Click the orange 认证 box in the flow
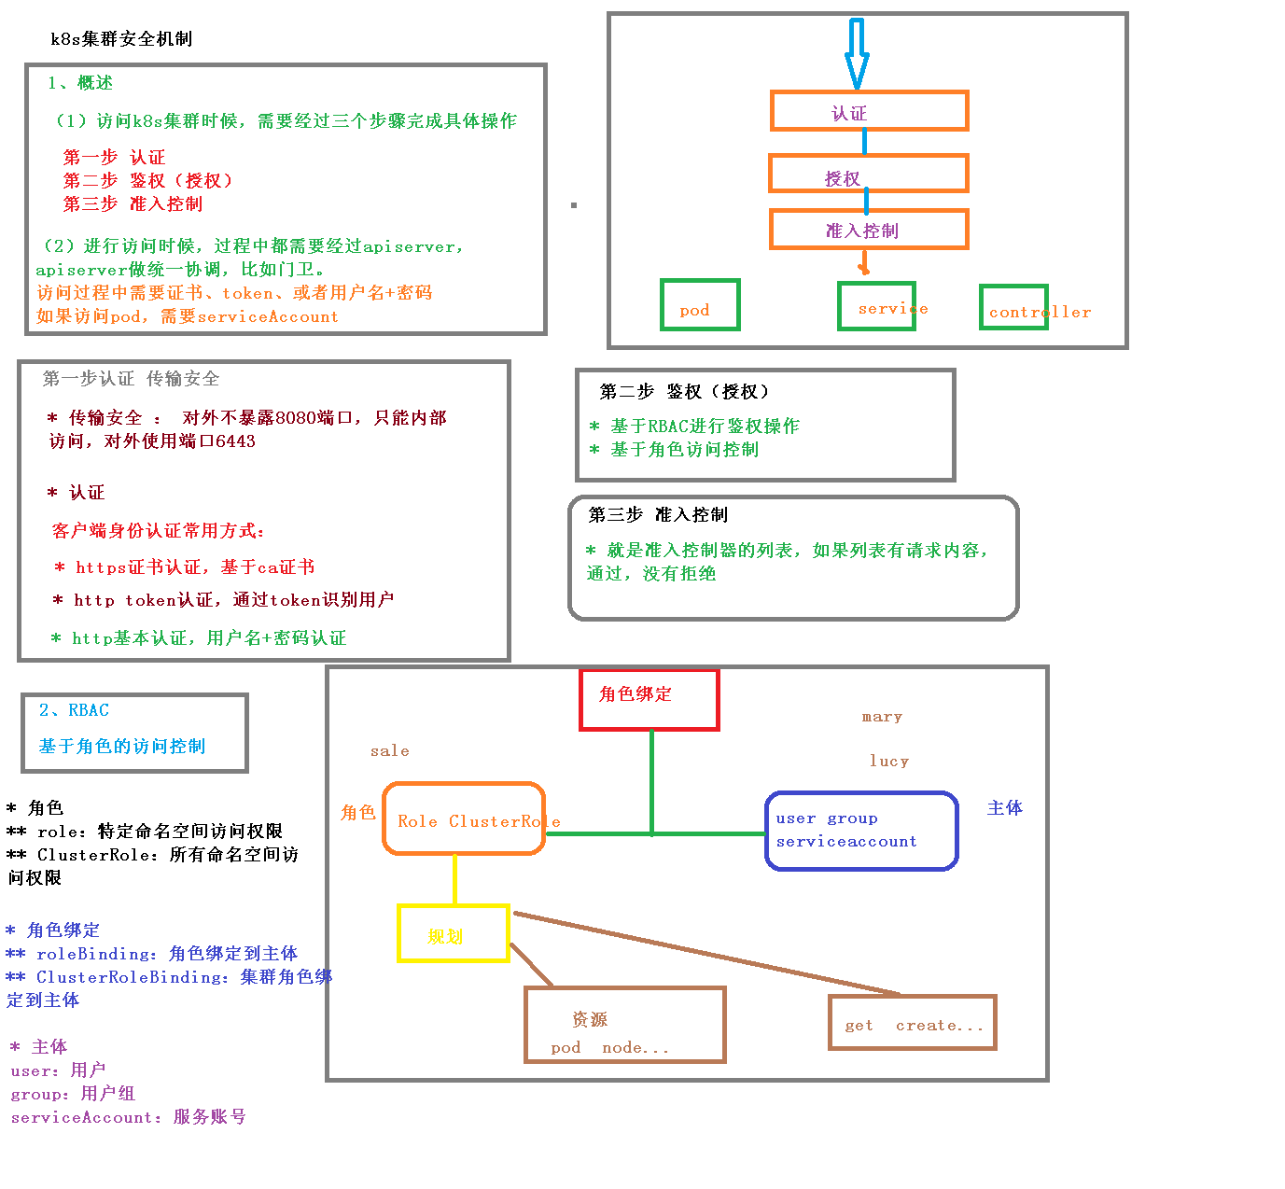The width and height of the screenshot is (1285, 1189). (869, 111)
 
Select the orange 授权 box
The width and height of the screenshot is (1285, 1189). (868, 174)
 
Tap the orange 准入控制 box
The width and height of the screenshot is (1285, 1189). (868, 230)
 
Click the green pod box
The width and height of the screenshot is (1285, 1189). (700, 305)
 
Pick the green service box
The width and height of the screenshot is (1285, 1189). (876, 306)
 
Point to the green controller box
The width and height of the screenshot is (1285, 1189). (1013, 307)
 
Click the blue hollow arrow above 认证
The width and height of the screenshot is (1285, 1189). (857, 52)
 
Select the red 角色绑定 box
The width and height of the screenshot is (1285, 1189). (649, 699)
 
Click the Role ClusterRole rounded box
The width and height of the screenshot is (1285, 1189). (464, 818)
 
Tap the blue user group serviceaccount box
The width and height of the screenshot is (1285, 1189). (861, 831)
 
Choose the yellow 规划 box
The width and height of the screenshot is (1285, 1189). (454, 933)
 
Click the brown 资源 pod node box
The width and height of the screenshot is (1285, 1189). (625, 1025)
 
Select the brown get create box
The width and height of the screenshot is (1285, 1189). (913, 1022)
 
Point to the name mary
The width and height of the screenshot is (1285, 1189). (882, 717)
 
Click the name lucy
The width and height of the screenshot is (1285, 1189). (888, 761)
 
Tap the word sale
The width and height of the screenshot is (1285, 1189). (389, 750)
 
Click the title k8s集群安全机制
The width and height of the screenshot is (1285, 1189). (121, 38)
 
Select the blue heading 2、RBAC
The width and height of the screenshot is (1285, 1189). (74, 710)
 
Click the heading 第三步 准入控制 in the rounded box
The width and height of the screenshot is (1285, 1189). (658, 514)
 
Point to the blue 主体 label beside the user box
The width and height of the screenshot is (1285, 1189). (1005, 807)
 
